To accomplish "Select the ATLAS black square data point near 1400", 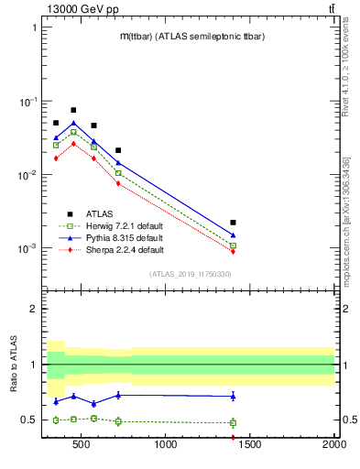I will point(234,223).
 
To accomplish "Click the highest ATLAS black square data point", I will point(73,110).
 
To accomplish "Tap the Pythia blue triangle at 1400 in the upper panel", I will point(234,234).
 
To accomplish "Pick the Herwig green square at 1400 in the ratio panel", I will point(234,423).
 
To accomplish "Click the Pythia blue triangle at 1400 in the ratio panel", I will point(234,396).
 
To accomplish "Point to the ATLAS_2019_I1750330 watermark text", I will point(190,274).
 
